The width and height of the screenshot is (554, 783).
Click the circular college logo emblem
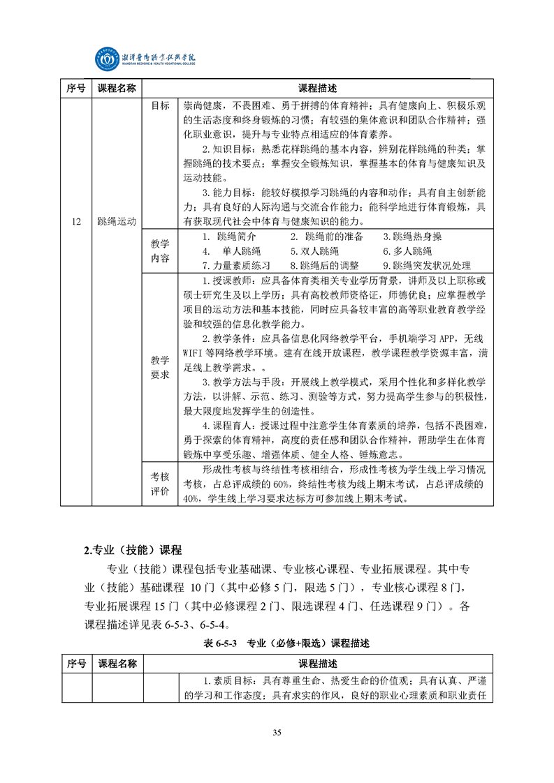pyautogui.click(x=108, y=59)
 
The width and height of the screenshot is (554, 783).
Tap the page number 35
pyautogui.click(x=277, y=731)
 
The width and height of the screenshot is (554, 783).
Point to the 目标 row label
pyautogui.click(x=160, y=106)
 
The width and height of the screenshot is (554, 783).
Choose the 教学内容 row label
pyautogui.click(x=160, y=251)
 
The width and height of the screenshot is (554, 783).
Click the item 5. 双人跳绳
pyautogui.click(x=314, y=251)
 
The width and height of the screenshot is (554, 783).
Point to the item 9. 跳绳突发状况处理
pyautogui.click(x=427, y=266)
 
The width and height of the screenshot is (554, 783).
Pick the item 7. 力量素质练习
pyautogui.click(x=236, y=266)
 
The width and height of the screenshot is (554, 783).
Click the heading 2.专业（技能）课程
pyautogui.click(x=132, y=550)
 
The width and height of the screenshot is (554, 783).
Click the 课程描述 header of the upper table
pyautogui.click(x=317, y=89)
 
